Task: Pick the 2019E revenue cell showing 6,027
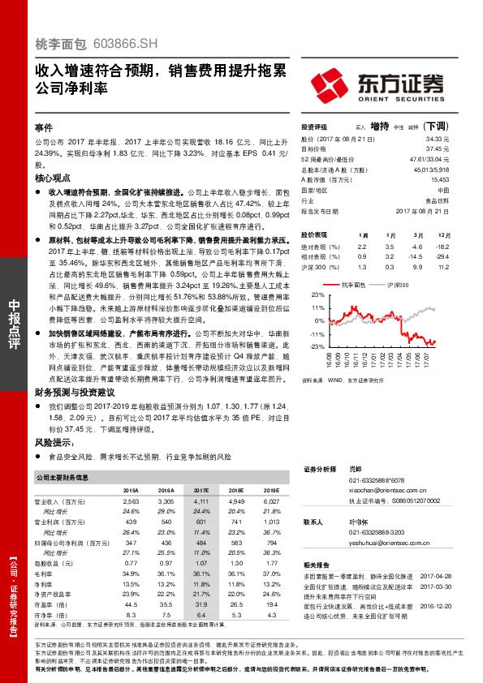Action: [272, 504]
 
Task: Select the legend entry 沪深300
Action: [398, 285]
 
